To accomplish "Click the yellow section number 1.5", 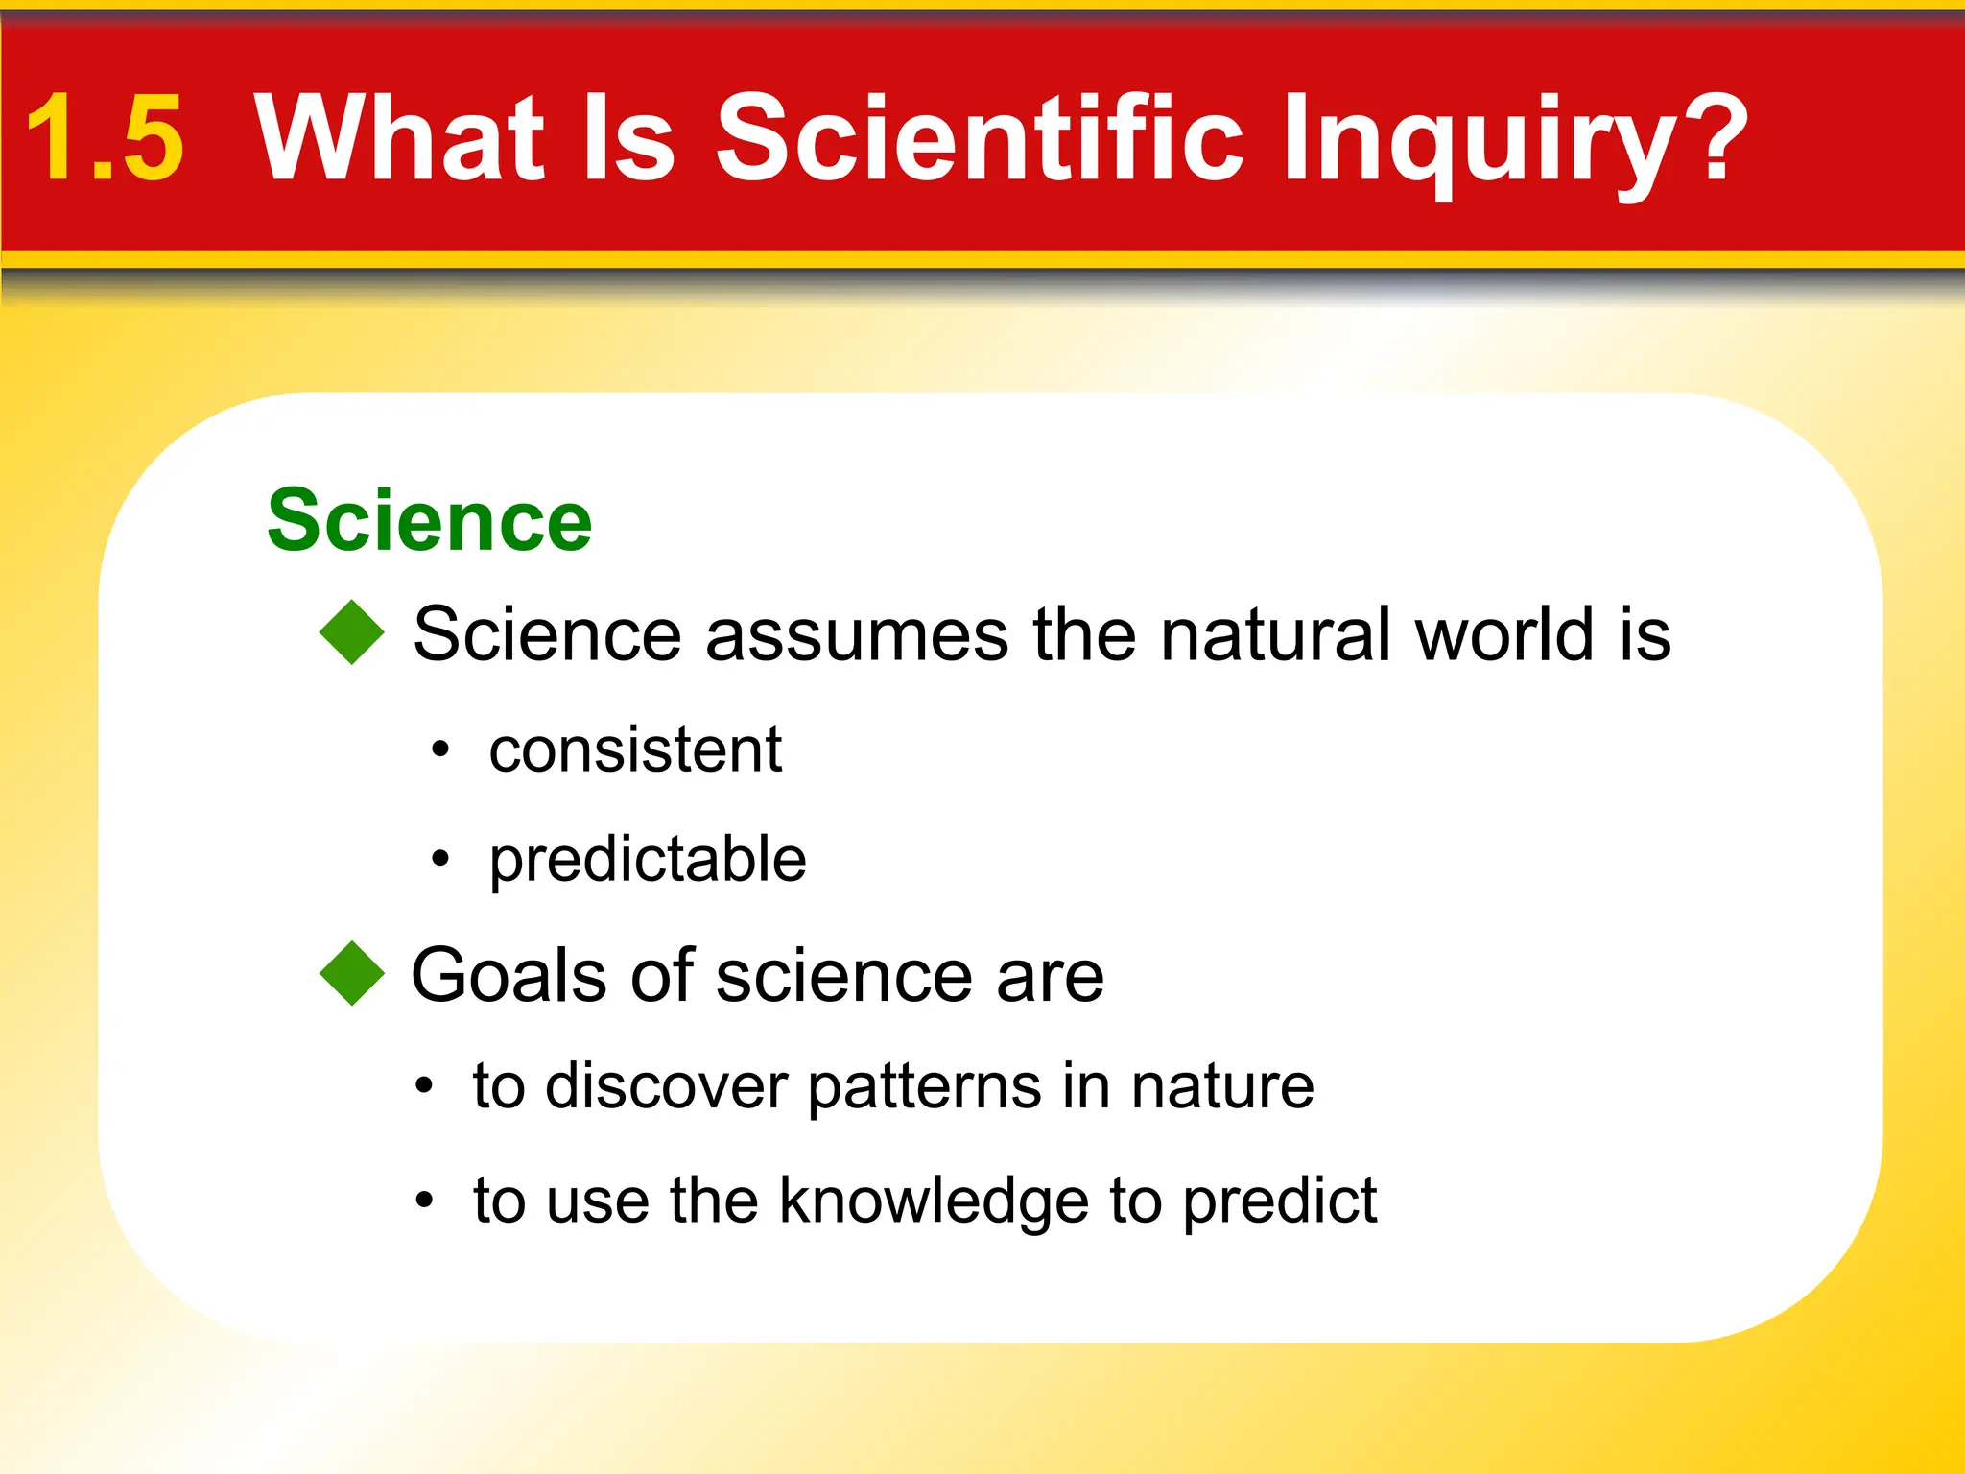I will [104, 138].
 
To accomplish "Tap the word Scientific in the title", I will [979, 136].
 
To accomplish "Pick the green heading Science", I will [429, 520].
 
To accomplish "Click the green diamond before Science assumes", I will [352, 632].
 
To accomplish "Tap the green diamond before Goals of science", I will [352, 973].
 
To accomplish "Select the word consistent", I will [635, 749].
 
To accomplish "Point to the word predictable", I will [648, 859].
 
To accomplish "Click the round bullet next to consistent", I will [439, 749].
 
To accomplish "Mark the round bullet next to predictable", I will [439, 859].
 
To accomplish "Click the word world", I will [1504, 634].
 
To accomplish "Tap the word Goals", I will [509, 975].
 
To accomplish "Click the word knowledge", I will [935, 1201].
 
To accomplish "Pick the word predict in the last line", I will [1279, 1201].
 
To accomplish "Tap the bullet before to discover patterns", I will [424, 1087].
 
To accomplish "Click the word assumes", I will [857, 634].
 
